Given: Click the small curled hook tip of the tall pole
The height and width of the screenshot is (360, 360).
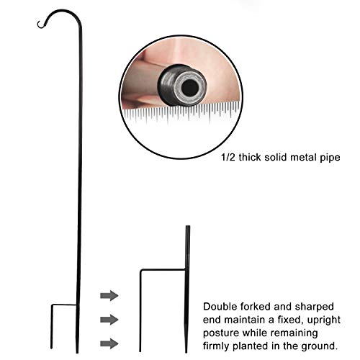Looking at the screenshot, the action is pos(38,24).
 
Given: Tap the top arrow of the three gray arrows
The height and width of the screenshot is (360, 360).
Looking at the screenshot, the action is pos(109,295).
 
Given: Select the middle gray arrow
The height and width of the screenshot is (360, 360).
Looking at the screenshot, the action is pos(109,320).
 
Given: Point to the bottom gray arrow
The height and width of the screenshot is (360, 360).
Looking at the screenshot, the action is pos(109,343).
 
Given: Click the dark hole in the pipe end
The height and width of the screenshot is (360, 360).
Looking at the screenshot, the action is pos(189,89).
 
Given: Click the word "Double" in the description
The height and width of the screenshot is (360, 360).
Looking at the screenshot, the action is pos(220,307).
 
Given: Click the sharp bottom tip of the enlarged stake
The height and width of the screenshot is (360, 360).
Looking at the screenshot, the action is pos(186,352).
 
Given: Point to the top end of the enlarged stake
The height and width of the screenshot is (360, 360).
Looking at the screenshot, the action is pos(188,226).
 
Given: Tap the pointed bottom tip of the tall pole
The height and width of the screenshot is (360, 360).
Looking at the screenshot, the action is pos(77,352).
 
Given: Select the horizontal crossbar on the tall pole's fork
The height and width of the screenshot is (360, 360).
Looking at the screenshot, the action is pos(64,305).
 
